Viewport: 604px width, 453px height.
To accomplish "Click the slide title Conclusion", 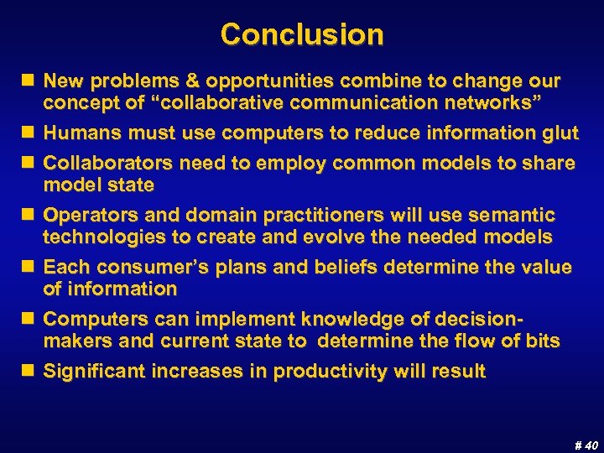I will coord(302,34).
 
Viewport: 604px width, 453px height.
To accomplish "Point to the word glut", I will coord(560,133).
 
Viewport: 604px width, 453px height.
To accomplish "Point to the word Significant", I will coord(96,372).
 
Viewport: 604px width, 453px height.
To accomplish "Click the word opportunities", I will coord(260,81).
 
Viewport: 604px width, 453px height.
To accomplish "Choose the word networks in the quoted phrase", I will coord(497,102).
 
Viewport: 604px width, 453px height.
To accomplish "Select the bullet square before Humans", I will coord(30,133).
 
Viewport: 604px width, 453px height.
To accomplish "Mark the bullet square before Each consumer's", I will coord(30,268).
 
